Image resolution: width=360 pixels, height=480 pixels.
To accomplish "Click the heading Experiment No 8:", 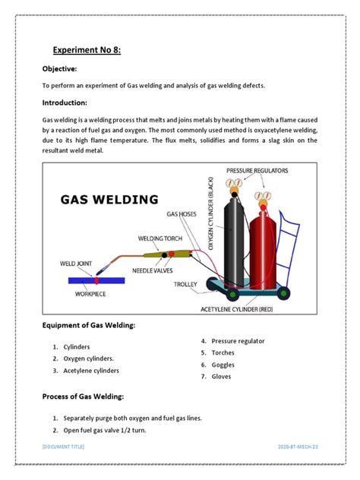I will click(87, 50).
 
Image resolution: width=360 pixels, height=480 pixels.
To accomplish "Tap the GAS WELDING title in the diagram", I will click(109, 200).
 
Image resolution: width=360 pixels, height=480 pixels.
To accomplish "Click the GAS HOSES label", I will click(182, 215).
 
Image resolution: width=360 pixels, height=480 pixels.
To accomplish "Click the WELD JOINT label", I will click(77, 264).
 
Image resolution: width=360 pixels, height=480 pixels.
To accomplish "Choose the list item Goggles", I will click(223, 365).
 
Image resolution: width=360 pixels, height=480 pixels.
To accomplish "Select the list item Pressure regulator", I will click(238, 341).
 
